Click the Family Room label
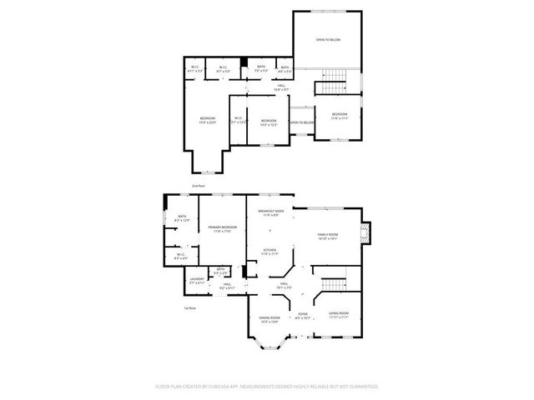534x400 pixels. (x=327, y=237)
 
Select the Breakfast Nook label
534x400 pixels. (x=270, y=213)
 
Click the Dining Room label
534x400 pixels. (x=269, y=319)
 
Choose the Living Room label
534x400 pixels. (x=338, y=314)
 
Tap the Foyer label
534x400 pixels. (x=302, y=315)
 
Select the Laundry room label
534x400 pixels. (x=197, y=281)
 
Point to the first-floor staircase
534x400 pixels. (x=334, y=284)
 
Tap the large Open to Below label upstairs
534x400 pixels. (x=328, y=40)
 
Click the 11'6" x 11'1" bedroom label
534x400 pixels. (x=339, y=115)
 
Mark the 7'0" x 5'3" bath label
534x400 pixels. (x=261, y=69)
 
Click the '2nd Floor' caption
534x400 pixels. (x=199, y=185)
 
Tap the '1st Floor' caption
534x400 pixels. (x=189, y=308)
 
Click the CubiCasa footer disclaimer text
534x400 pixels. (x=267, y=387)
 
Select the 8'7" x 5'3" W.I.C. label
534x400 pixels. (x=223, y=69)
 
